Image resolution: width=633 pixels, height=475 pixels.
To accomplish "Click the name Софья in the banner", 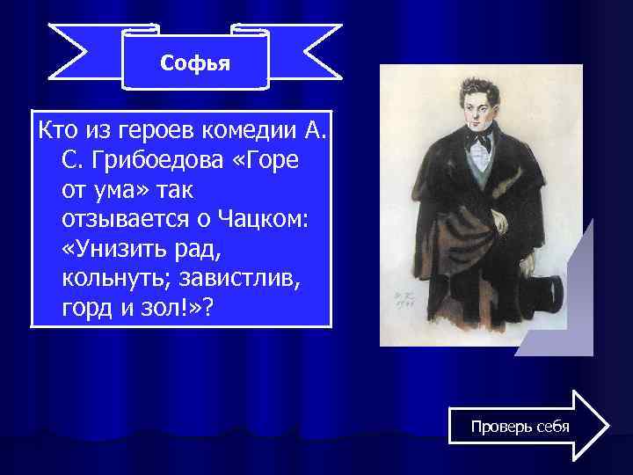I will (x=195, y=64).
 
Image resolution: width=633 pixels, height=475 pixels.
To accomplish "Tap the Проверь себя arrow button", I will (x=520, y=427).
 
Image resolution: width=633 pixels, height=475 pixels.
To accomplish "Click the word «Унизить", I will (x=113, y=250).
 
